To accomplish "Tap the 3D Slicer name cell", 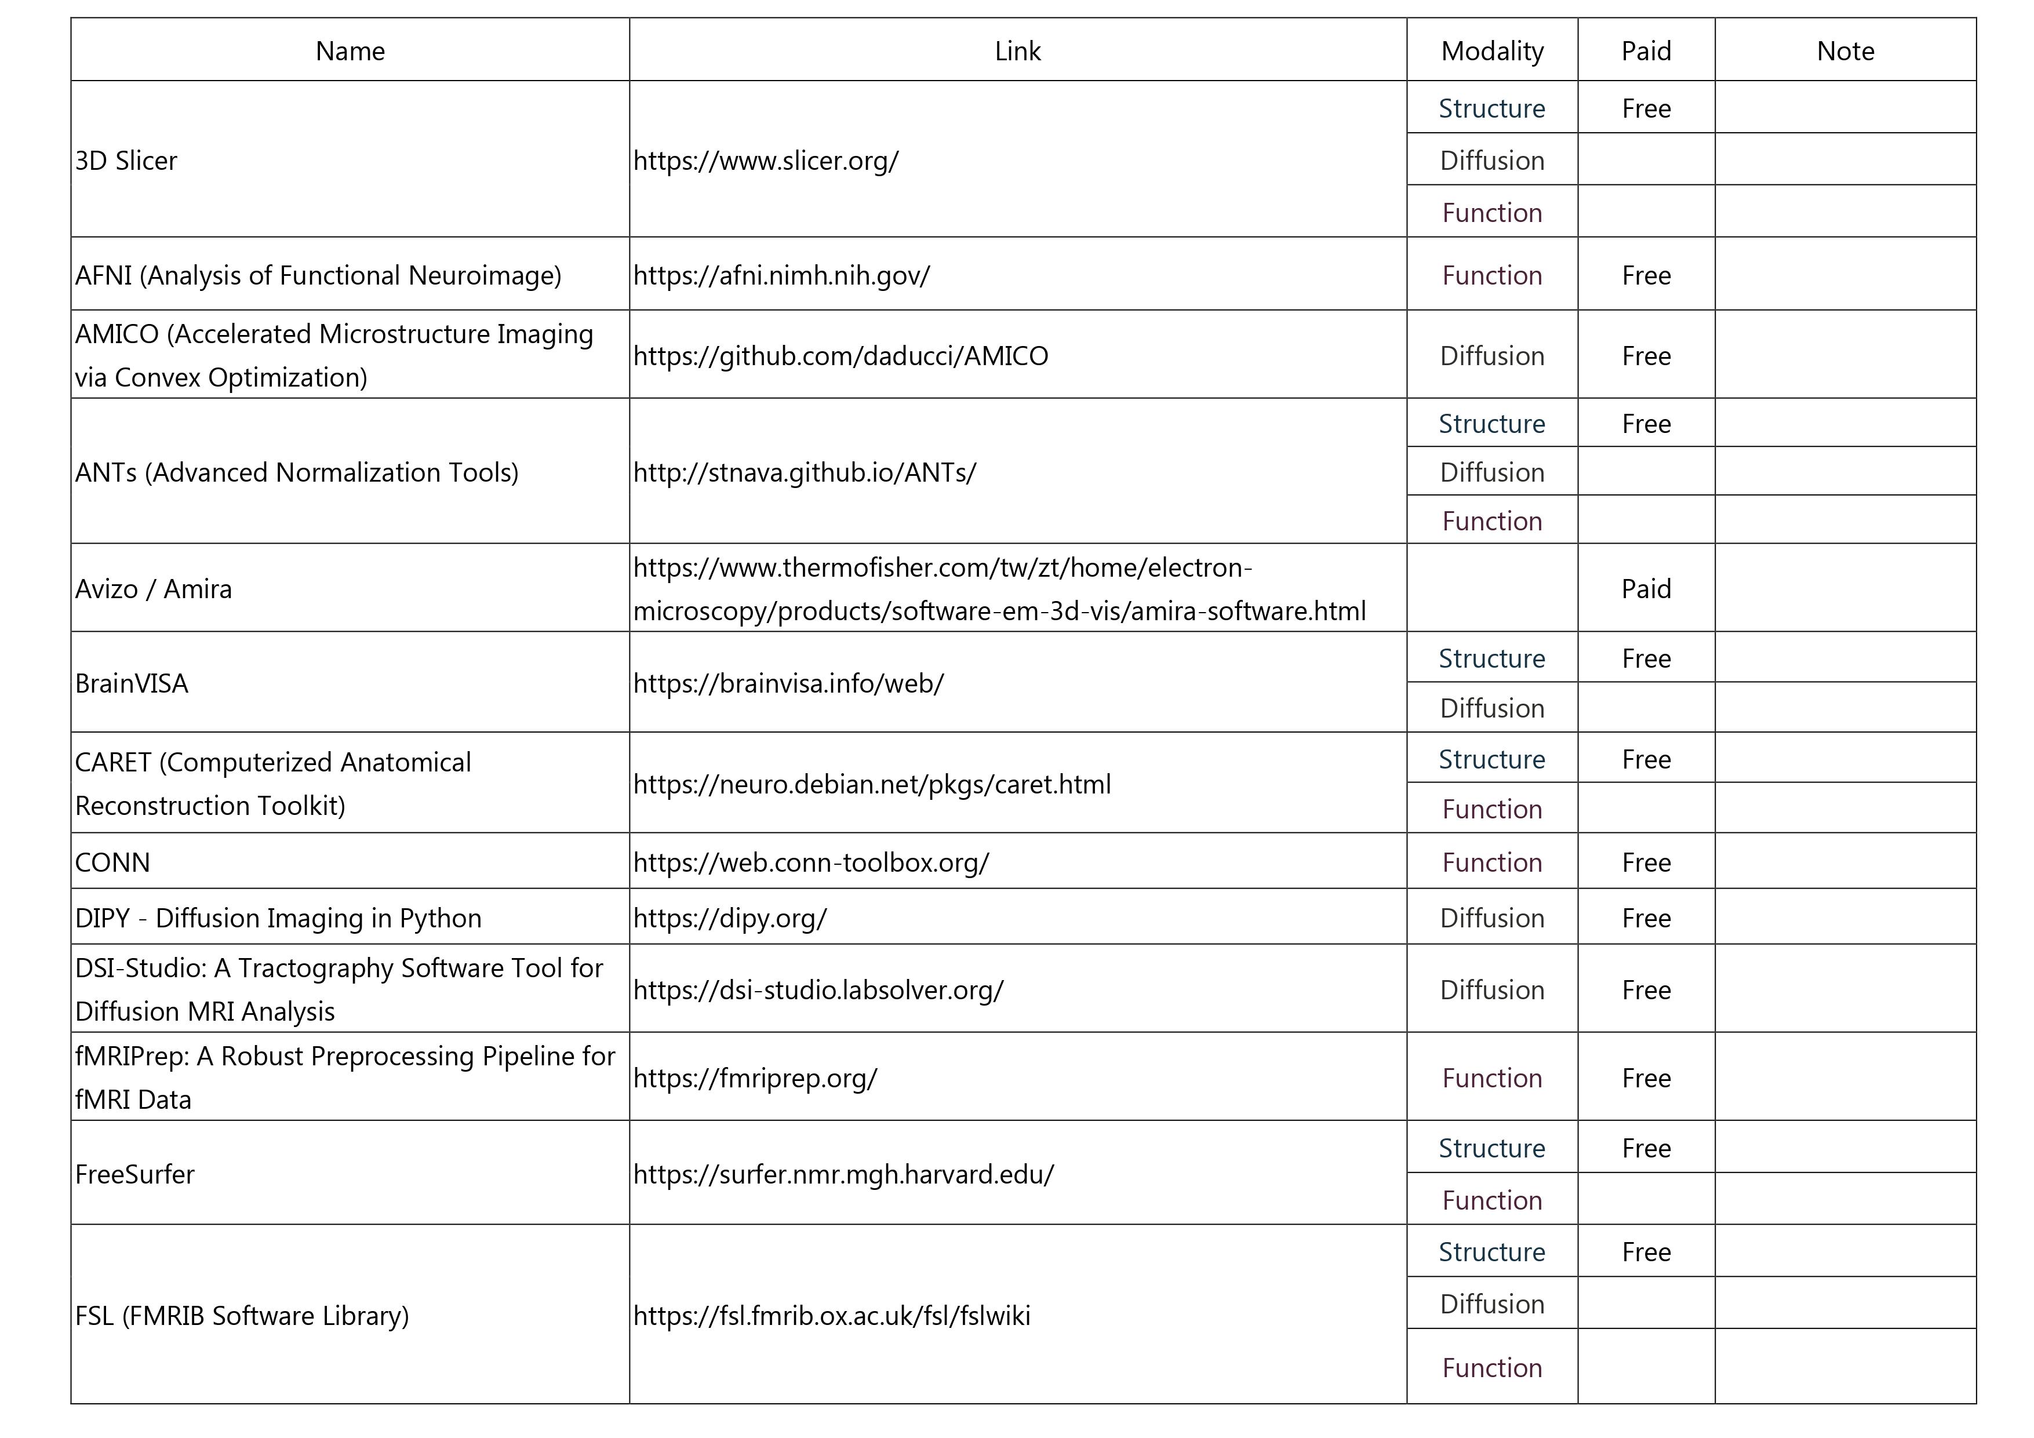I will [127, 161].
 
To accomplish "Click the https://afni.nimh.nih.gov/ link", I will [781, 275].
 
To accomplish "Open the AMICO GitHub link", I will [840, 356].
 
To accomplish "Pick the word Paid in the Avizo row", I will [1645, 589].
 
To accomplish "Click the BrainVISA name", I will [132, 684].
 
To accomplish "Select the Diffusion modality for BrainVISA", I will [1492, 708].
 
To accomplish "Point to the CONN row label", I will [112, 862].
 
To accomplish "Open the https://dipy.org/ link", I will [730, 918].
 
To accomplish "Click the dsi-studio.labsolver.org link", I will [818, 990].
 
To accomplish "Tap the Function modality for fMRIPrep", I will [1492, 1078].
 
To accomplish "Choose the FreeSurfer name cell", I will [134, 1174].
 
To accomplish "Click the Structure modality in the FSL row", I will [1492, 1252].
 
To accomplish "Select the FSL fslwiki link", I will [831, 1316].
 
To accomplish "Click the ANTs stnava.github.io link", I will [805, 472].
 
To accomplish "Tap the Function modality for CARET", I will [1492, 809].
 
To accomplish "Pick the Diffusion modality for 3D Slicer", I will [1492, 161].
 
